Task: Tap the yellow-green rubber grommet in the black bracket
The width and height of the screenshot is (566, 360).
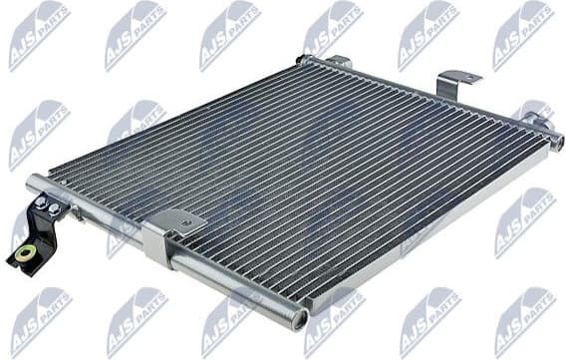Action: pos(25,254)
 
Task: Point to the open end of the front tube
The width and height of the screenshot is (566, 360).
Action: pos(299,318)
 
